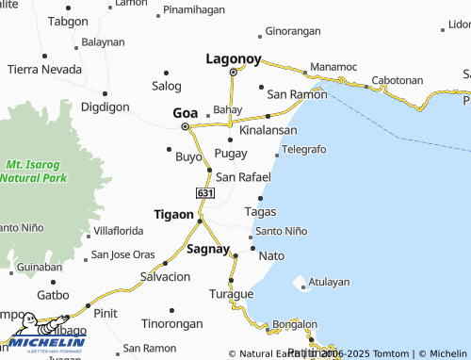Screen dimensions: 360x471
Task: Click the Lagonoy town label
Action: coord(233,58)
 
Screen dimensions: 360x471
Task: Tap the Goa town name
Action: coord(185,113)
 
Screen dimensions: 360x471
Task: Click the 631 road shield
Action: coord(204,193)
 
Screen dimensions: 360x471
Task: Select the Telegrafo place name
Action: coord(303,150)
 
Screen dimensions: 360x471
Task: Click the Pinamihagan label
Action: coord(194,9)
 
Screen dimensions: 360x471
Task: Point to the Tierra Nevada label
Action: coord(44,69)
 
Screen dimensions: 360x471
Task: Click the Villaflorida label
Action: coord(118,230)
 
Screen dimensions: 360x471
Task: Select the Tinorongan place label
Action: coord(171,323)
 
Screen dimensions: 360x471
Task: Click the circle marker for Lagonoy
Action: coord(233,72)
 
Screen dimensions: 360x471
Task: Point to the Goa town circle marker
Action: coord(185,126)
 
